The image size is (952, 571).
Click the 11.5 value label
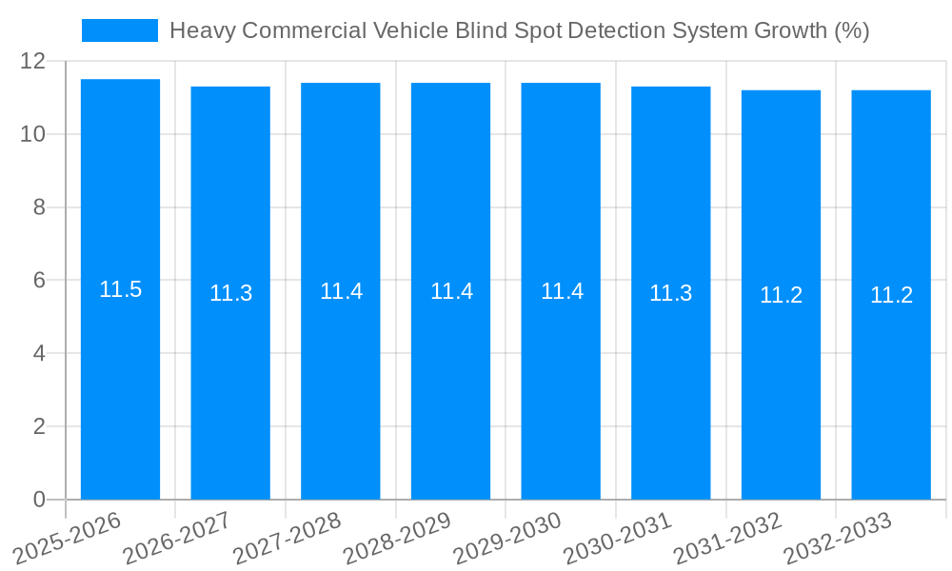(x=121, y=289)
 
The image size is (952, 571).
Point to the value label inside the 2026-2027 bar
(x=230, y=293)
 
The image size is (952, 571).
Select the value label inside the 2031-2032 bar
(x=781, y=295)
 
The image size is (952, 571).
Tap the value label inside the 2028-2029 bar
(x=451, y=291)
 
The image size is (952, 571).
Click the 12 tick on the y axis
(x=33, y=61)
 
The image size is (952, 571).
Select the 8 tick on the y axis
(x=39, y=207)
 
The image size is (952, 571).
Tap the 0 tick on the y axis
(x=39, y=500)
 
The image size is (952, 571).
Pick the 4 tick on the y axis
(x=39, y=353)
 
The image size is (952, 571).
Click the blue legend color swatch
(x=120, y=30)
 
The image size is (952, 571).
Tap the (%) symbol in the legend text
(x=851, y=30)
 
